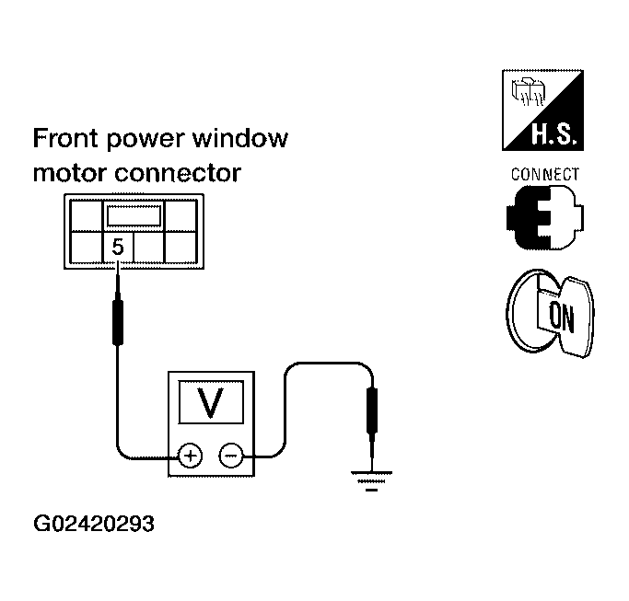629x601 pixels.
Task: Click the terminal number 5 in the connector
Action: tap(118, 247)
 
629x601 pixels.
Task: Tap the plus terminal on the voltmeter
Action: tap(189, 455)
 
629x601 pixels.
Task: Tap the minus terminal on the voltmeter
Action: tap(230, 455)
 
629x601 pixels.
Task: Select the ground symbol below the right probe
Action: tap(371, 480)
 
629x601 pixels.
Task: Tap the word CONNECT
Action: tap(545, 174)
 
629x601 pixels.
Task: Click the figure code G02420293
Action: tap(93, 526)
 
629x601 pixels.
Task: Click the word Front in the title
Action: tap(64, 139)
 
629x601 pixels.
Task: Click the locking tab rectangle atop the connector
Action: tap(135, 215)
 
